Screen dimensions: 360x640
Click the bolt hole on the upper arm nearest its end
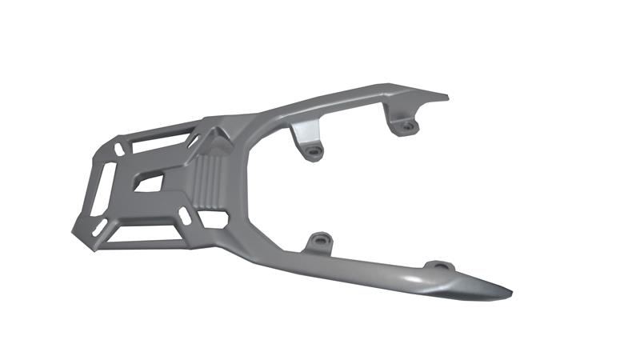tap(407, 126)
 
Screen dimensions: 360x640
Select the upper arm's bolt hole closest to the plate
tap(314, 150)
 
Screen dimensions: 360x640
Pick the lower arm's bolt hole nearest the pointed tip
tap(438, 266)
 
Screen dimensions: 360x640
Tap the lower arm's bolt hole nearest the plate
tap(321, 239)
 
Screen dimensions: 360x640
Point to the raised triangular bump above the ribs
tap(216, 139)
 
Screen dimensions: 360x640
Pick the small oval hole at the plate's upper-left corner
tap(118, 149)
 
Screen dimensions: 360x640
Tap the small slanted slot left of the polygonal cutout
tap(185, 215)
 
